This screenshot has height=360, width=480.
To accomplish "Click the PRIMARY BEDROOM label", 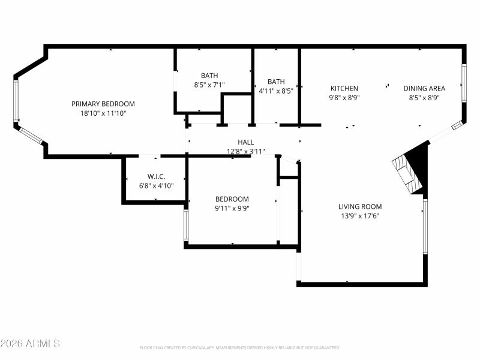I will (x=103, y=104).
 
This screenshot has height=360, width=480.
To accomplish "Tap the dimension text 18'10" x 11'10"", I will (x=103, y=113).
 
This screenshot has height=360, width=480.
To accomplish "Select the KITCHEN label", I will (x=344, y=88).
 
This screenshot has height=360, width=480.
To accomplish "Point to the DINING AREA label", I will (x=424, y=88).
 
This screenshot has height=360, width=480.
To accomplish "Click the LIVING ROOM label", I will (x=360, y=206).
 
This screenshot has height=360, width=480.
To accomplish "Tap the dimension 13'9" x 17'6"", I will (x=360, y=215).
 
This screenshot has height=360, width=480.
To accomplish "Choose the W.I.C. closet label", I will (x=156, y=176).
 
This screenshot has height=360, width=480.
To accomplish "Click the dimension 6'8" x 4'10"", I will (x=156, y=185).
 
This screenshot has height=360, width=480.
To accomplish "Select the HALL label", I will (x=246, y=142).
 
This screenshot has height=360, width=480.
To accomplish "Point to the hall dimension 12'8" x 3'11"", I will (x=246, y=151).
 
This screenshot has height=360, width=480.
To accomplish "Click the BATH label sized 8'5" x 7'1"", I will (x=209, y=76).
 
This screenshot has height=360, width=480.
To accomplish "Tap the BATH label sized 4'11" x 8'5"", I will (x=276, y=82).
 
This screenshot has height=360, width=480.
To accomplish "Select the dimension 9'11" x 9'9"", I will (x=232, y=208).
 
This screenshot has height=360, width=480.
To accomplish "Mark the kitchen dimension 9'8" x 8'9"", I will (x=344, y=97).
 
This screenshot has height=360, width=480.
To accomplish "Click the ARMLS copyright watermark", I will (x=30, y=344).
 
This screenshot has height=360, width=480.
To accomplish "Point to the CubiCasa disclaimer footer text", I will (x=240, y=347).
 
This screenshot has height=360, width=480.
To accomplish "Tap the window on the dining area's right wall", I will (x=464, y=82).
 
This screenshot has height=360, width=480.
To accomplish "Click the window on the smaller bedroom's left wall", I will (x=186, y=225).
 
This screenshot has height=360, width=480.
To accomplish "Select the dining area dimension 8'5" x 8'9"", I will (x=424, y=97).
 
